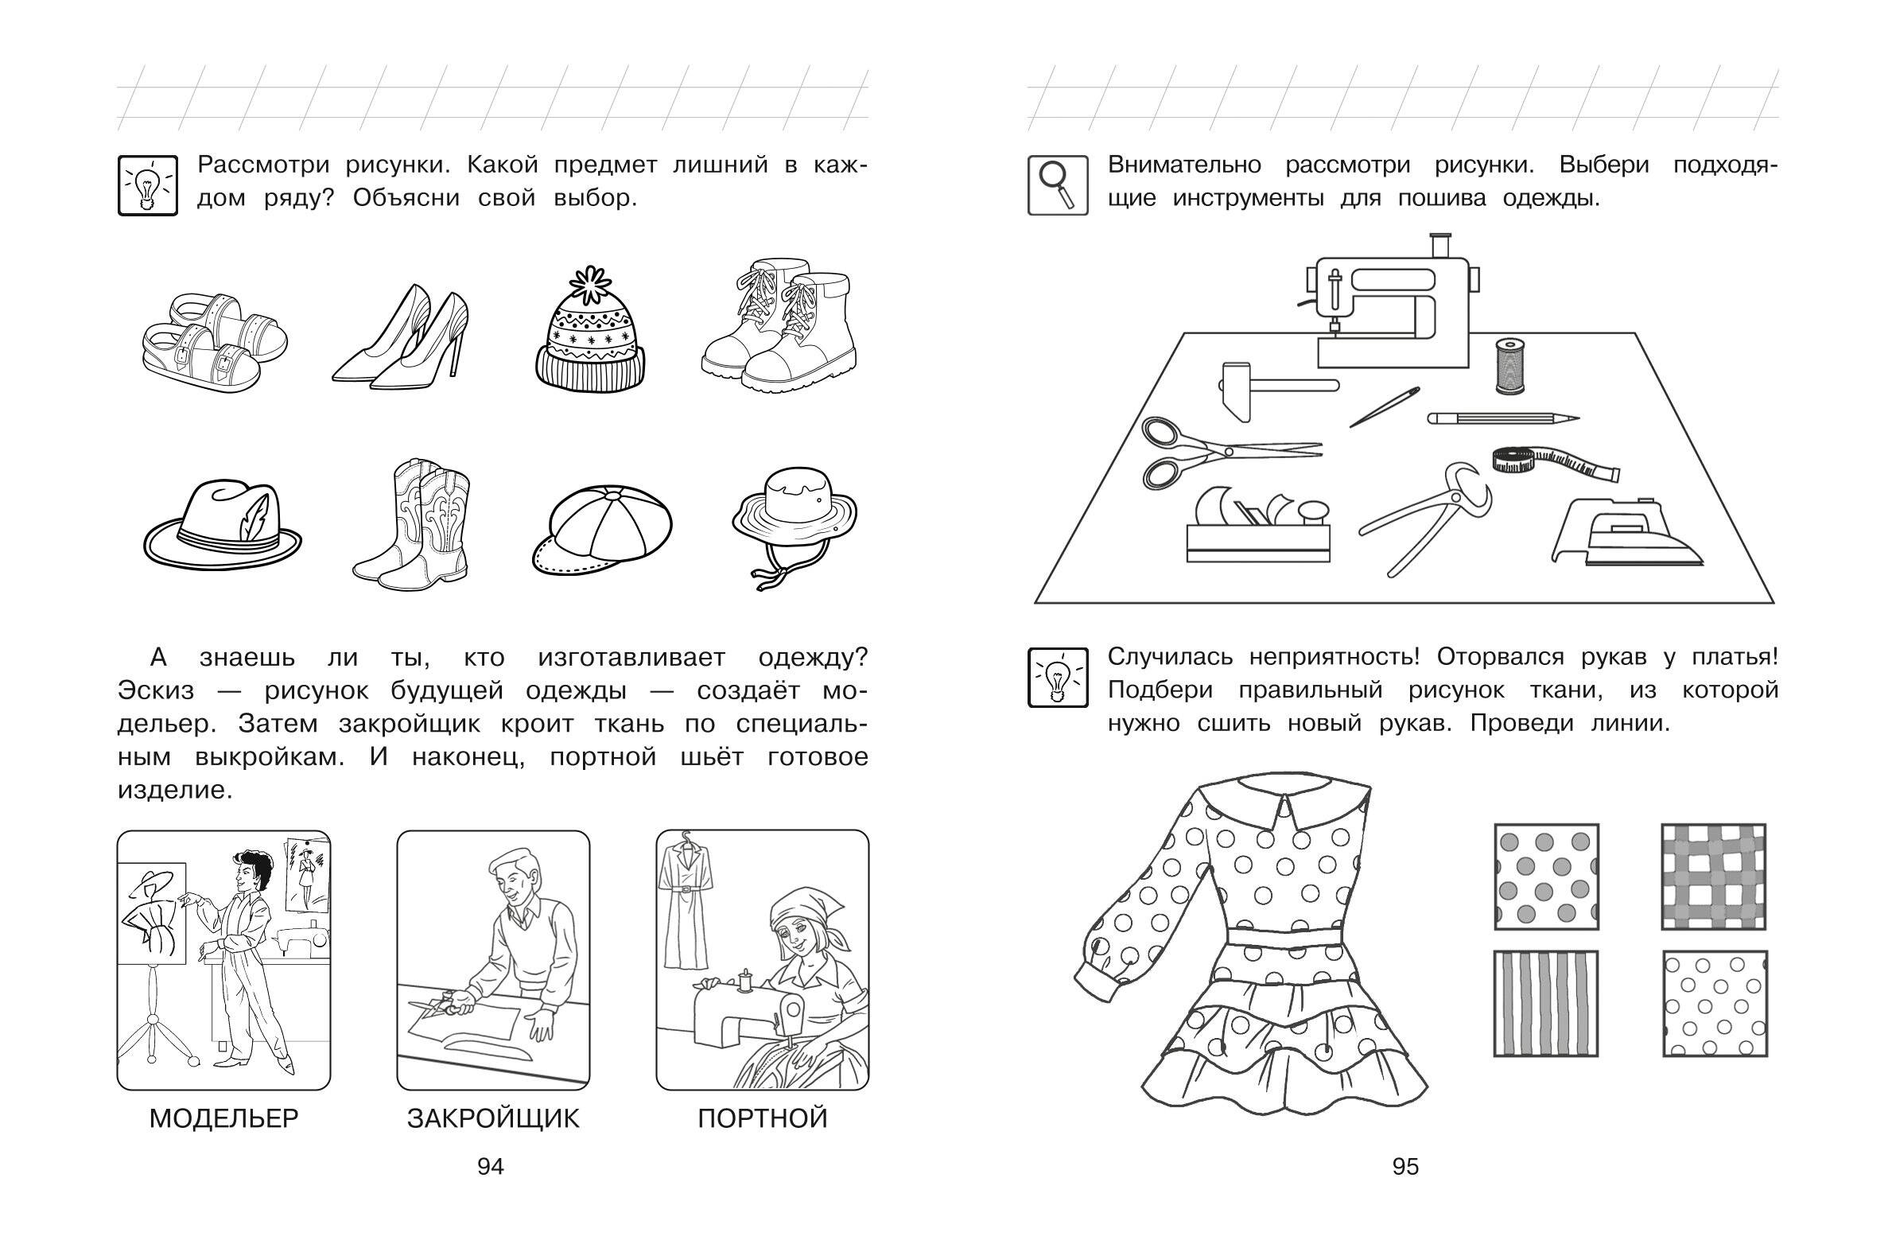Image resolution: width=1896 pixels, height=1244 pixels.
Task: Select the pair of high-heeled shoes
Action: click(402, 339)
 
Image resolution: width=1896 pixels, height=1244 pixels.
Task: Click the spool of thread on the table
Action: click(1508, 366)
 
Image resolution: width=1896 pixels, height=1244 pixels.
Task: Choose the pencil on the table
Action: click(1501, 418)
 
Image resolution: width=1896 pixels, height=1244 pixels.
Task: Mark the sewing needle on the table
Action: click(1385, 407)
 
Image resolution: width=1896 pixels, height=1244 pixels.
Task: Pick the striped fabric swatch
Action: click(1545, 1004)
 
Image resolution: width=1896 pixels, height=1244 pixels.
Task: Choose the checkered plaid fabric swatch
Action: click(1714, 877)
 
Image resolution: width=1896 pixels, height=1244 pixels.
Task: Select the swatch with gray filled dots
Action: click(1545, 877)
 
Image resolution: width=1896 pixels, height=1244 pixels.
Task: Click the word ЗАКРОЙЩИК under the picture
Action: click(493, 1119)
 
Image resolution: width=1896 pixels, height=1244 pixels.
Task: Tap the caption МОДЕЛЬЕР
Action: click(223, 1119)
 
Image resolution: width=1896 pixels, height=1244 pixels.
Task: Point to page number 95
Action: click(1405, 1167)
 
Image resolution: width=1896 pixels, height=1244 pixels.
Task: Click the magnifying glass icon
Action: click(1058, 185)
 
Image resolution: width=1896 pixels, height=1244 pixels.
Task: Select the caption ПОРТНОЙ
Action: click(763, 1119)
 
